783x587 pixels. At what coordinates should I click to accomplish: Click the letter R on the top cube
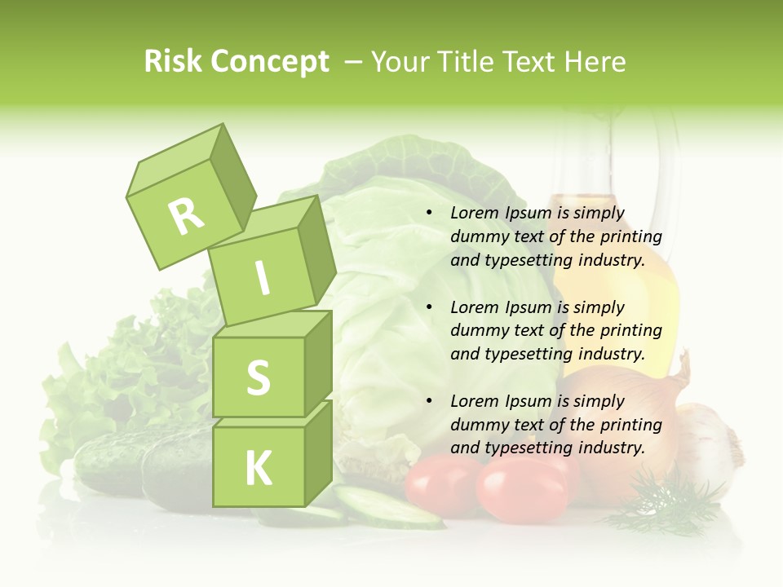pos(186,215)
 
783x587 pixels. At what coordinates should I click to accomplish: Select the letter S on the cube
pos(258,377)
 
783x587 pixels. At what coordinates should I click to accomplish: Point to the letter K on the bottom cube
pos(258,468)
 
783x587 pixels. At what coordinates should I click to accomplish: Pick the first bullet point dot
pos(429,213)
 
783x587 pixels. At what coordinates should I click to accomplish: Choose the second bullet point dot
pos(429,307)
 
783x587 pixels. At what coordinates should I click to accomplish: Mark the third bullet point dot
pos(429,401)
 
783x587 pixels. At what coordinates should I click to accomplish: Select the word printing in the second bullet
pos(631,331)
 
